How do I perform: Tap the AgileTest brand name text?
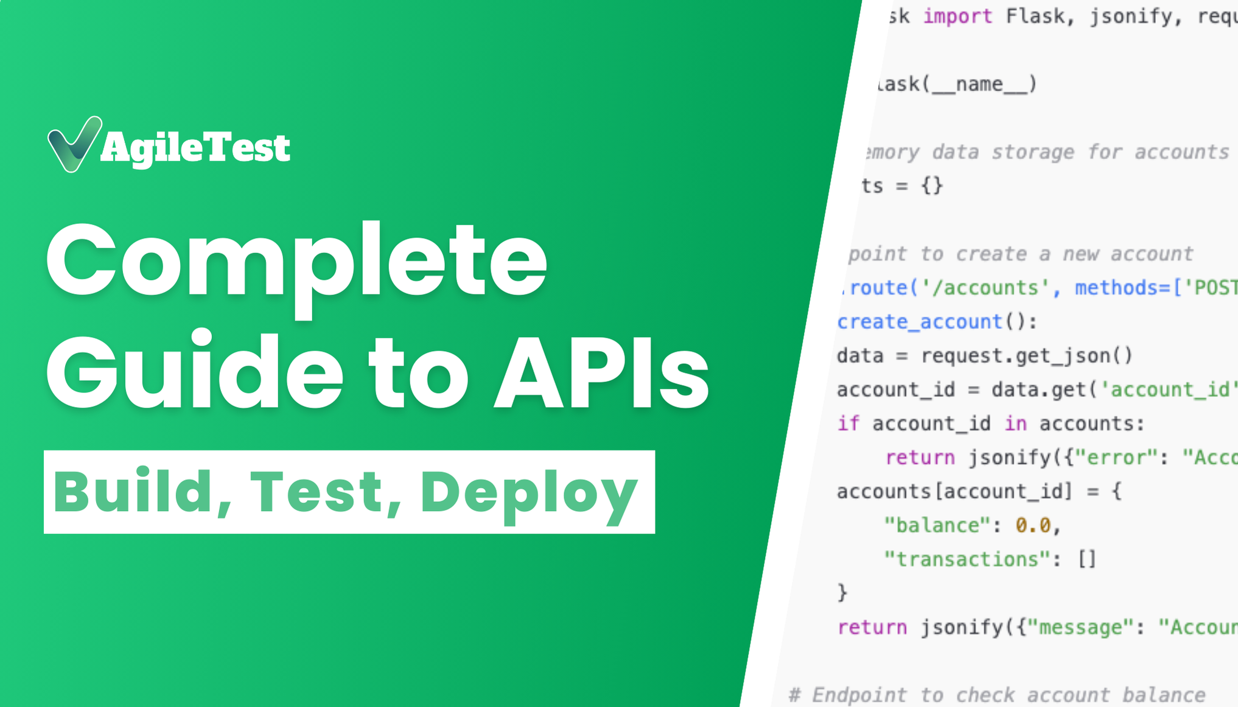coord(195,148)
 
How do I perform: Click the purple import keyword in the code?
coord(957,16)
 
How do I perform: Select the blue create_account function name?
coord(919,322)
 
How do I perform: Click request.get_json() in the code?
coord(1026,356)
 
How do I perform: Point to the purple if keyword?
coord(848,423)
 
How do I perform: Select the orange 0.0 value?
coord(1033,525)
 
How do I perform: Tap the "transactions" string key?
coord(967,559)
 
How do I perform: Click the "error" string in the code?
coord(1116,458)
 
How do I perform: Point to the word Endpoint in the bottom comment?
coord(859,695)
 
